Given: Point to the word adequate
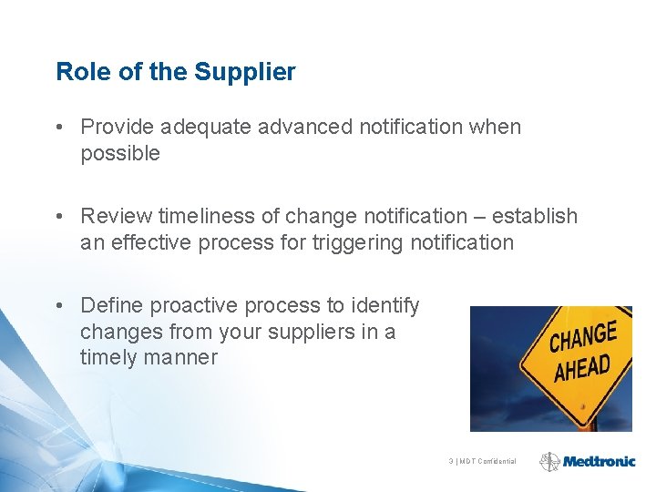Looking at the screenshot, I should (x=205, y=127).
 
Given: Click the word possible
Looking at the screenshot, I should (x=120, y=153).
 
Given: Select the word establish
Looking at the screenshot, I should (x=536, y=216).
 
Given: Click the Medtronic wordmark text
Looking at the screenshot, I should (x=599, y=461).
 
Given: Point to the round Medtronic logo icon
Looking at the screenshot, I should (x=549, y=461).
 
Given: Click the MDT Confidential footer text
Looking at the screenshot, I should (x=483, y=461).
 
